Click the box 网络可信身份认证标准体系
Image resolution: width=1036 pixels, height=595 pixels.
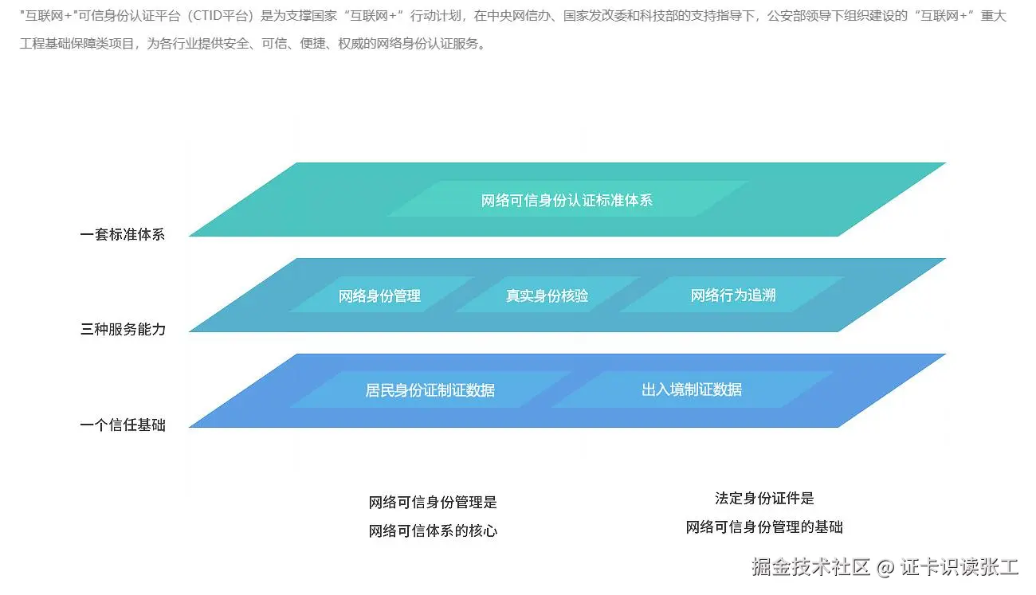[x=567, y=200]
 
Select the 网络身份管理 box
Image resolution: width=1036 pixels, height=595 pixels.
[x=379, y=296]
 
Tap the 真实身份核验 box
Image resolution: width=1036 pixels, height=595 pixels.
[x=547, y=296]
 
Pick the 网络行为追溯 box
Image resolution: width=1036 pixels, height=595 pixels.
[x=732, y=296]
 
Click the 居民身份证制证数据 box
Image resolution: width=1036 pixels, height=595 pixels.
[x=430, y=390]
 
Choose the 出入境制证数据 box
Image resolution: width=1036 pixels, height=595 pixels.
[x=691, y=389]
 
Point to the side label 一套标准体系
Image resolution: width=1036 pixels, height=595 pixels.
[x=123, y=235]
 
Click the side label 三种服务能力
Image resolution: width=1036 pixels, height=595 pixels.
[x=123, y=329]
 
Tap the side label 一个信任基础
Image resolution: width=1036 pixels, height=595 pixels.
[x=123, y=425]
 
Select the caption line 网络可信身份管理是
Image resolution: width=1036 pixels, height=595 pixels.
[x=433, y=503]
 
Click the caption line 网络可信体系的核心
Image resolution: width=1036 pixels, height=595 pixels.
[x=433, y=531]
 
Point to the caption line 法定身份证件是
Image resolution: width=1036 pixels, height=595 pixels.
[x=764, y=499]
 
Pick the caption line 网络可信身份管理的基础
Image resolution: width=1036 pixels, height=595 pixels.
[x=764, y=527]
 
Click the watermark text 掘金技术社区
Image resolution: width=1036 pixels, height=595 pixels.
[x=810, y=567]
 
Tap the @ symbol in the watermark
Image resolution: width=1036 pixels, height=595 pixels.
[x=885, y=568]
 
